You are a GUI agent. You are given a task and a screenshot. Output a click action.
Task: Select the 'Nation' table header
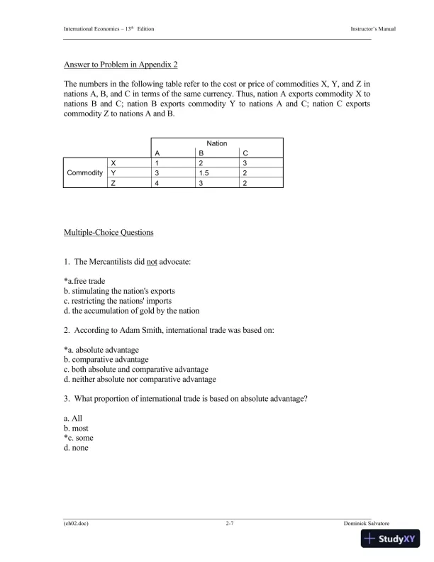pyautogui.click(x=217, y=143)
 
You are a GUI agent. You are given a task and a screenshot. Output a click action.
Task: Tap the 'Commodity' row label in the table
pyautogui.click(x=85, y=172)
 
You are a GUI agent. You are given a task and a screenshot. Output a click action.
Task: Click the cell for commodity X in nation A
pyautogui.click(x=157, y=162)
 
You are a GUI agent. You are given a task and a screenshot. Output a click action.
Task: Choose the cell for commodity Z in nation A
pyautogui.click(x=157, y=183)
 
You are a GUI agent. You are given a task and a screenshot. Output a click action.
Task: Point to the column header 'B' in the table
pyautogui.click(x=201, y=153)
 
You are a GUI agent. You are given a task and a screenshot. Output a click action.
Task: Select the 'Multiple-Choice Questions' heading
pyautogui.click(x=108, y=233)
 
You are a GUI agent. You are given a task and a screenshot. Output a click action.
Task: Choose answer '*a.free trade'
pyautogui.click(x=84, y=281)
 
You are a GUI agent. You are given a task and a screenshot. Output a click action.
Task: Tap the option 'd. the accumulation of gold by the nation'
pyautogui.click(x=131, y=311)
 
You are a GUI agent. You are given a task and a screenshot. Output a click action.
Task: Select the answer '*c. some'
pyautogui.click(x=78, y=438)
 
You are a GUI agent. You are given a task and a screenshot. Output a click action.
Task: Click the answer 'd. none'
pyautogui.click(x=76, y=448)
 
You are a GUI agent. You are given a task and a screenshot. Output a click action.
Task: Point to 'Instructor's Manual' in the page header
pyautogui.click(x=373, y=28)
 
